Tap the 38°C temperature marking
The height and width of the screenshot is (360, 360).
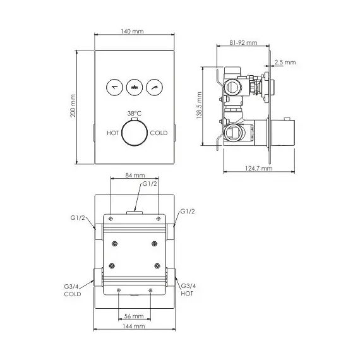point(134,113)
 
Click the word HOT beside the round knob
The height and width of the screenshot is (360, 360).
point(113,133)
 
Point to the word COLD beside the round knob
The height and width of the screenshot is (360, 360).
point(158,133)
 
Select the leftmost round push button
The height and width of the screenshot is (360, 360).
point(114,87)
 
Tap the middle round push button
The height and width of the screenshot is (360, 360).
point(134,87)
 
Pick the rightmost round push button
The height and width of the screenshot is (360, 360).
point(153,87)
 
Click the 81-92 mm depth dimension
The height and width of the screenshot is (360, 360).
point(244,43)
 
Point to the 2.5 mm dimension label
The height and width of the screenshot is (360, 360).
point(285,62)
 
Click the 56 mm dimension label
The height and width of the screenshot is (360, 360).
point(135,315)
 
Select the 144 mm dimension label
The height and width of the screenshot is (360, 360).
point(135,326)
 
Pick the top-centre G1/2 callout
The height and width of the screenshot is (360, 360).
point(149,184)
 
